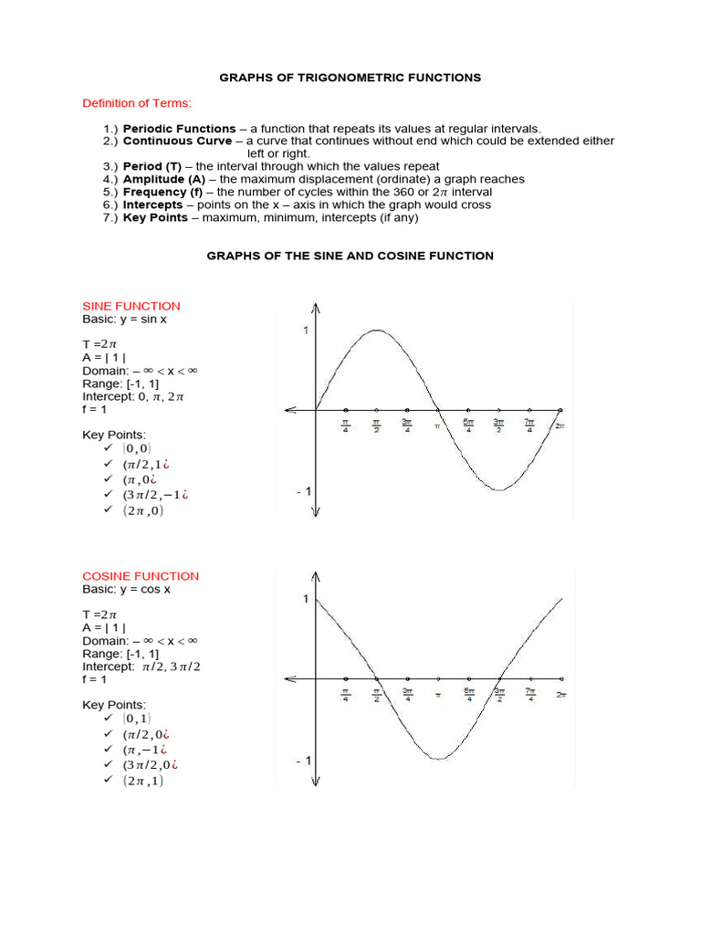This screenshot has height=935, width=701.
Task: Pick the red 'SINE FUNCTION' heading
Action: pos(131,306)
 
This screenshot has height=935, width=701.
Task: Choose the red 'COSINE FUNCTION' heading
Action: pos(141,576)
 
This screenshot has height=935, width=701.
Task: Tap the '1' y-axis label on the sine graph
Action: pos(306,331)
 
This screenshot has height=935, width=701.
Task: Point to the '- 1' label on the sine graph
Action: pos(303,491)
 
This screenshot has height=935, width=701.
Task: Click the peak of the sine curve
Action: pos(376,331)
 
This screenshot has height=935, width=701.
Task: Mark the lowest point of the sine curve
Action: pos(498,490)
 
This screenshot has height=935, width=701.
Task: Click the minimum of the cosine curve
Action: pos(438,759)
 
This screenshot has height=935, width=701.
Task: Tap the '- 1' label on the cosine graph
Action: pos(303,761)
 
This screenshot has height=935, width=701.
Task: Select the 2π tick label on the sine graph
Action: pos(560,425)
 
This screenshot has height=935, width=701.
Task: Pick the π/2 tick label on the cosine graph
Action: pos(376,695)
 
